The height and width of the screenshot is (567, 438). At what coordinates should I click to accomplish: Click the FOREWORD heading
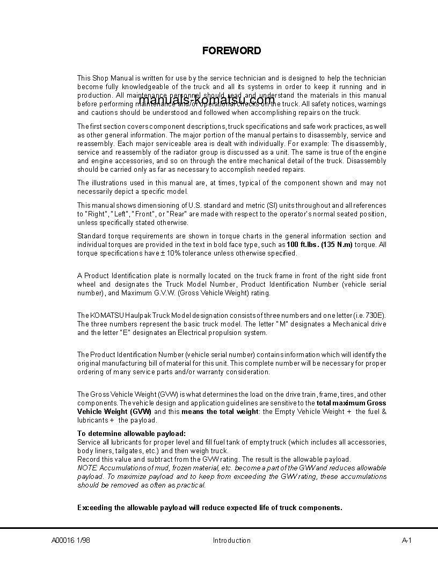(231, 51)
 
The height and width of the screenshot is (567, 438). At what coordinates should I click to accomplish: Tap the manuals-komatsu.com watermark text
(207, 100)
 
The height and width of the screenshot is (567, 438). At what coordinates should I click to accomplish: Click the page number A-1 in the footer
(406, 541)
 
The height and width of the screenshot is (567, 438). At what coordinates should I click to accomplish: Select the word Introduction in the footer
(231, 541)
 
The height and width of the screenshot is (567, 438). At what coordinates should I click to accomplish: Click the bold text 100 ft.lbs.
(303, 245)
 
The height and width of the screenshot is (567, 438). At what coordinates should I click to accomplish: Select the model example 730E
(375, 315)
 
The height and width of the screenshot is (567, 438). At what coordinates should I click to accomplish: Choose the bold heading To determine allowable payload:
(132, 433)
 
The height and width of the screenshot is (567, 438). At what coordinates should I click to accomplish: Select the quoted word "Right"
(98, 214)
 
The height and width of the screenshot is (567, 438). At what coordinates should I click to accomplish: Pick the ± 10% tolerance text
(164, 253)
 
